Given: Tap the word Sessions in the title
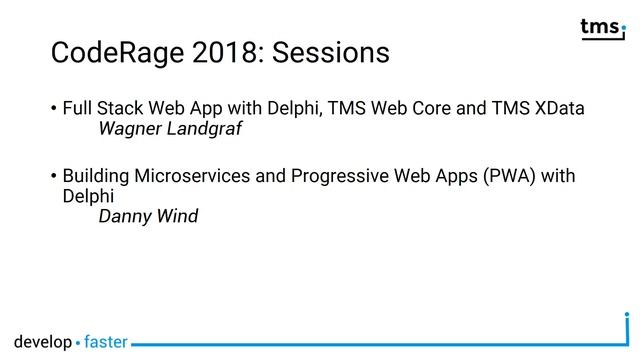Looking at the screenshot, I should (330, 52).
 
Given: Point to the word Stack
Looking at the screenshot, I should (118, 108).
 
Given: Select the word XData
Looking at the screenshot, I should (559, 108).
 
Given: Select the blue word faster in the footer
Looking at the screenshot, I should (105, 342).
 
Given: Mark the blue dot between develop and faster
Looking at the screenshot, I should (78, 343).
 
